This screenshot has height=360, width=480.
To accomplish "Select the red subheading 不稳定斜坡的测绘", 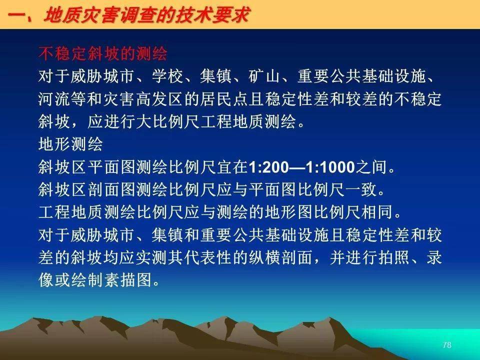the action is (x=103, y=53).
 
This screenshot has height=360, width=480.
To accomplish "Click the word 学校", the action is (x=168, y=76).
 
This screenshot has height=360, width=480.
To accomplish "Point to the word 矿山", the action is (x=264, y=76).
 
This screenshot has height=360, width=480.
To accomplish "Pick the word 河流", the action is (x=54, y=98).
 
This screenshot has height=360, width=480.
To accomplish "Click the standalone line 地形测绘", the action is (x=70, y=144).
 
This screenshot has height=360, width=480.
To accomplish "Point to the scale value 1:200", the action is (x=269, y=167).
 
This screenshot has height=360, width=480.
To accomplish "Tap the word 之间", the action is (x=371, y=167).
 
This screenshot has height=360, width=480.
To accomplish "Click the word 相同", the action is (x=378, y=212).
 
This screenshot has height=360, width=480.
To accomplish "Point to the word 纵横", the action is (x=264, y=257).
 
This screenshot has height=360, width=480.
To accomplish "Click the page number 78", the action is (x=447, y=345).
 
